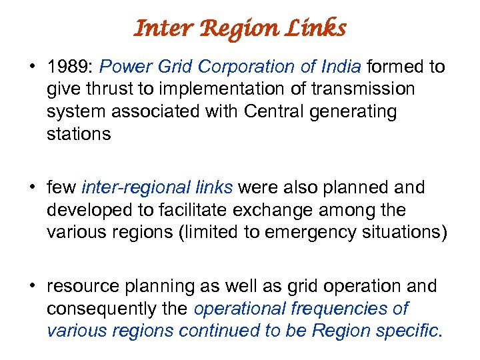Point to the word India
339,67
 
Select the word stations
79,134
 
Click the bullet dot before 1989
31,67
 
